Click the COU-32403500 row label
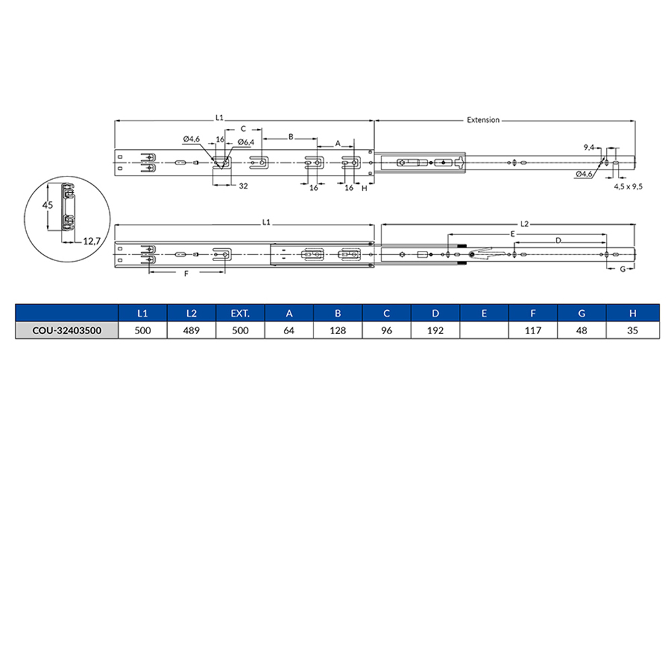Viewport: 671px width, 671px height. pos(66,331)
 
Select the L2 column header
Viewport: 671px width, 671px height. pos(191,313)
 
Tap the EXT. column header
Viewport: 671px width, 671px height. pos(240,313)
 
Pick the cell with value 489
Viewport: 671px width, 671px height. pos(191,331)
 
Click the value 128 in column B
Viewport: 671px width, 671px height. pos(338,331)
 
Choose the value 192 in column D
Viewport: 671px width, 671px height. pos(435,331)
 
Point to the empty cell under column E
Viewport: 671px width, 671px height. pos(484,331)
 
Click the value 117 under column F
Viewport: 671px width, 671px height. pos(533,331)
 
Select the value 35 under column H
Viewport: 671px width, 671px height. pos(631,331)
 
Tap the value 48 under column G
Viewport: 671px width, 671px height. pos(582,331)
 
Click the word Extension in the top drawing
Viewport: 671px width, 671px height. pos(483,120)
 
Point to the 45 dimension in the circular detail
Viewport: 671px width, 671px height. pos(47,205)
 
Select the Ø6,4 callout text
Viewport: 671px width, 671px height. pos(245,142)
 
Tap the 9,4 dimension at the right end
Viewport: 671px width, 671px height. pos(589,146)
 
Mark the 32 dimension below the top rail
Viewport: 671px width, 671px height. pos(243,186)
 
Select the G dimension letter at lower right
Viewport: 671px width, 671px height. pos(621,268)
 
